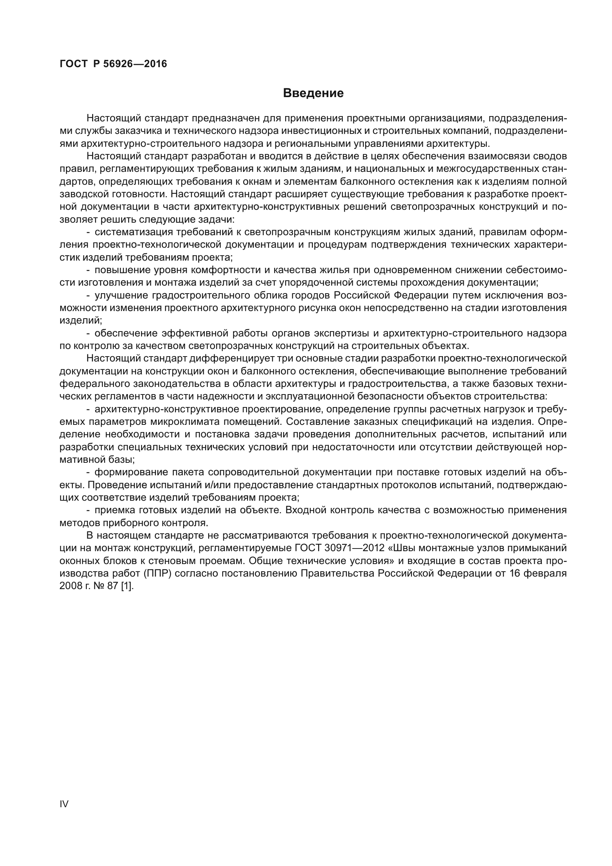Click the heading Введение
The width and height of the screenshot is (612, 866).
(313, 93)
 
